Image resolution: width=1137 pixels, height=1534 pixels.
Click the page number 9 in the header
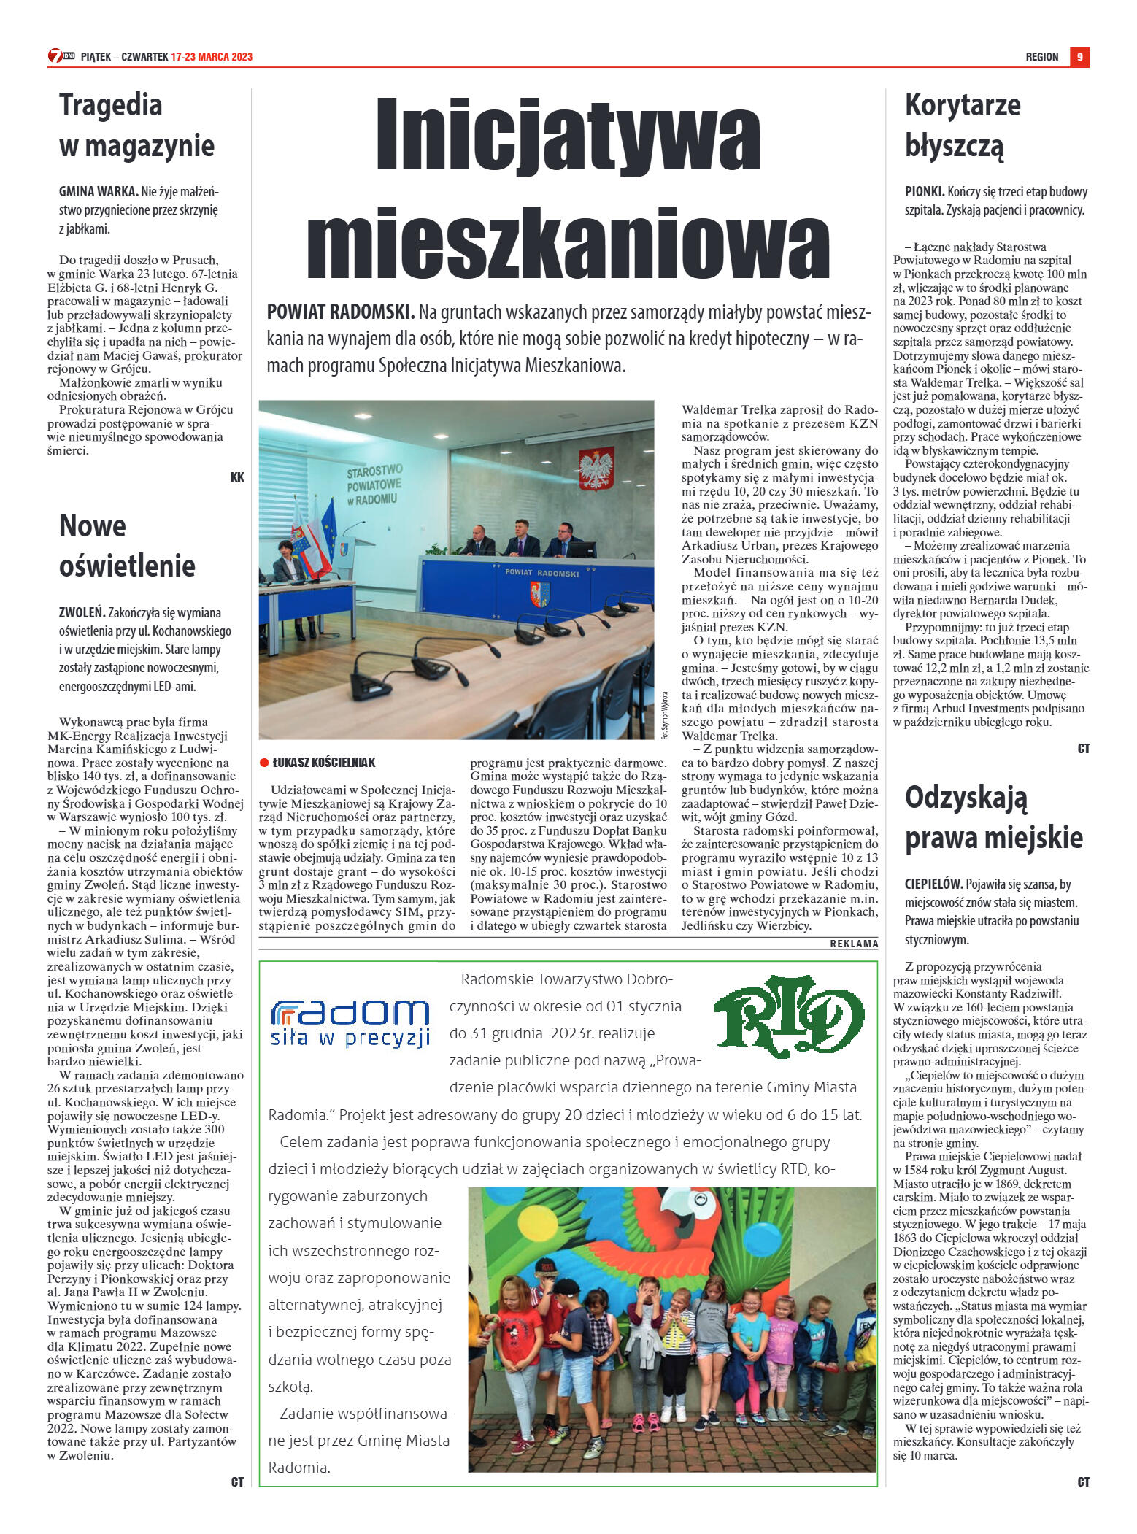[x=1079, y=57]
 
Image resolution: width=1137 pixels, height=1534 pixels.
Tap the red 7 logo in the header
[x=55, y=56]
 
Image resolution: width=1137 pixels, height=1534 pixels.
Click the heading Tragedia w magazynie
[x=136, y=125]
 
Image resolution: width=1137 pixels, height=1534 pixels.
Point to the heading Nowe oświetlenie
[x=127, y=545]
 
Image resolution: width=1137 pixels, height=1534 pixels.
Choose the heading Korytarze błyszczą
[x=962, y=125]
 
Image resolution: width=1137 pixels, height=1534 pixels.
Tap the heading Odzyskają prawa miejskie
[x=993, y=817]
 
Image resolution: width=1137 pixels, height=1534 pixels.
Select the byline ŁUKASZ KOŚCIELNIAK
[x=323, y=763]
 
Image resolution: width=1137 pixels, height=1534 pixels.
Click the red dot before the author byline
[x=264, y=763]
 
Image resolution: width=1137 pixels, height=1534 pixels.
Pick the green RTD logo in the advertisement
[x=788, y=1016]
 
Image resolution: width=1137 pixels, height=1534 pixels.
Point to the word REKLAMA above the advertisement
[x=854, y=944]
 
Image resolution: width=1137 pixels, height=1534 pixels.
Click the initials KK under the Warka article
[x=237, y=477]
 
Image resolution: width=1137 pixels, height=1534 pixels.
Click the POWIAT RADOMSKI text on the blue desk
[x=541, y=573]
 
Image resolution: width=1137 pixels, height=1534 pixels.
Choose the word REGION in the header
[x=1041, y=57]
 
